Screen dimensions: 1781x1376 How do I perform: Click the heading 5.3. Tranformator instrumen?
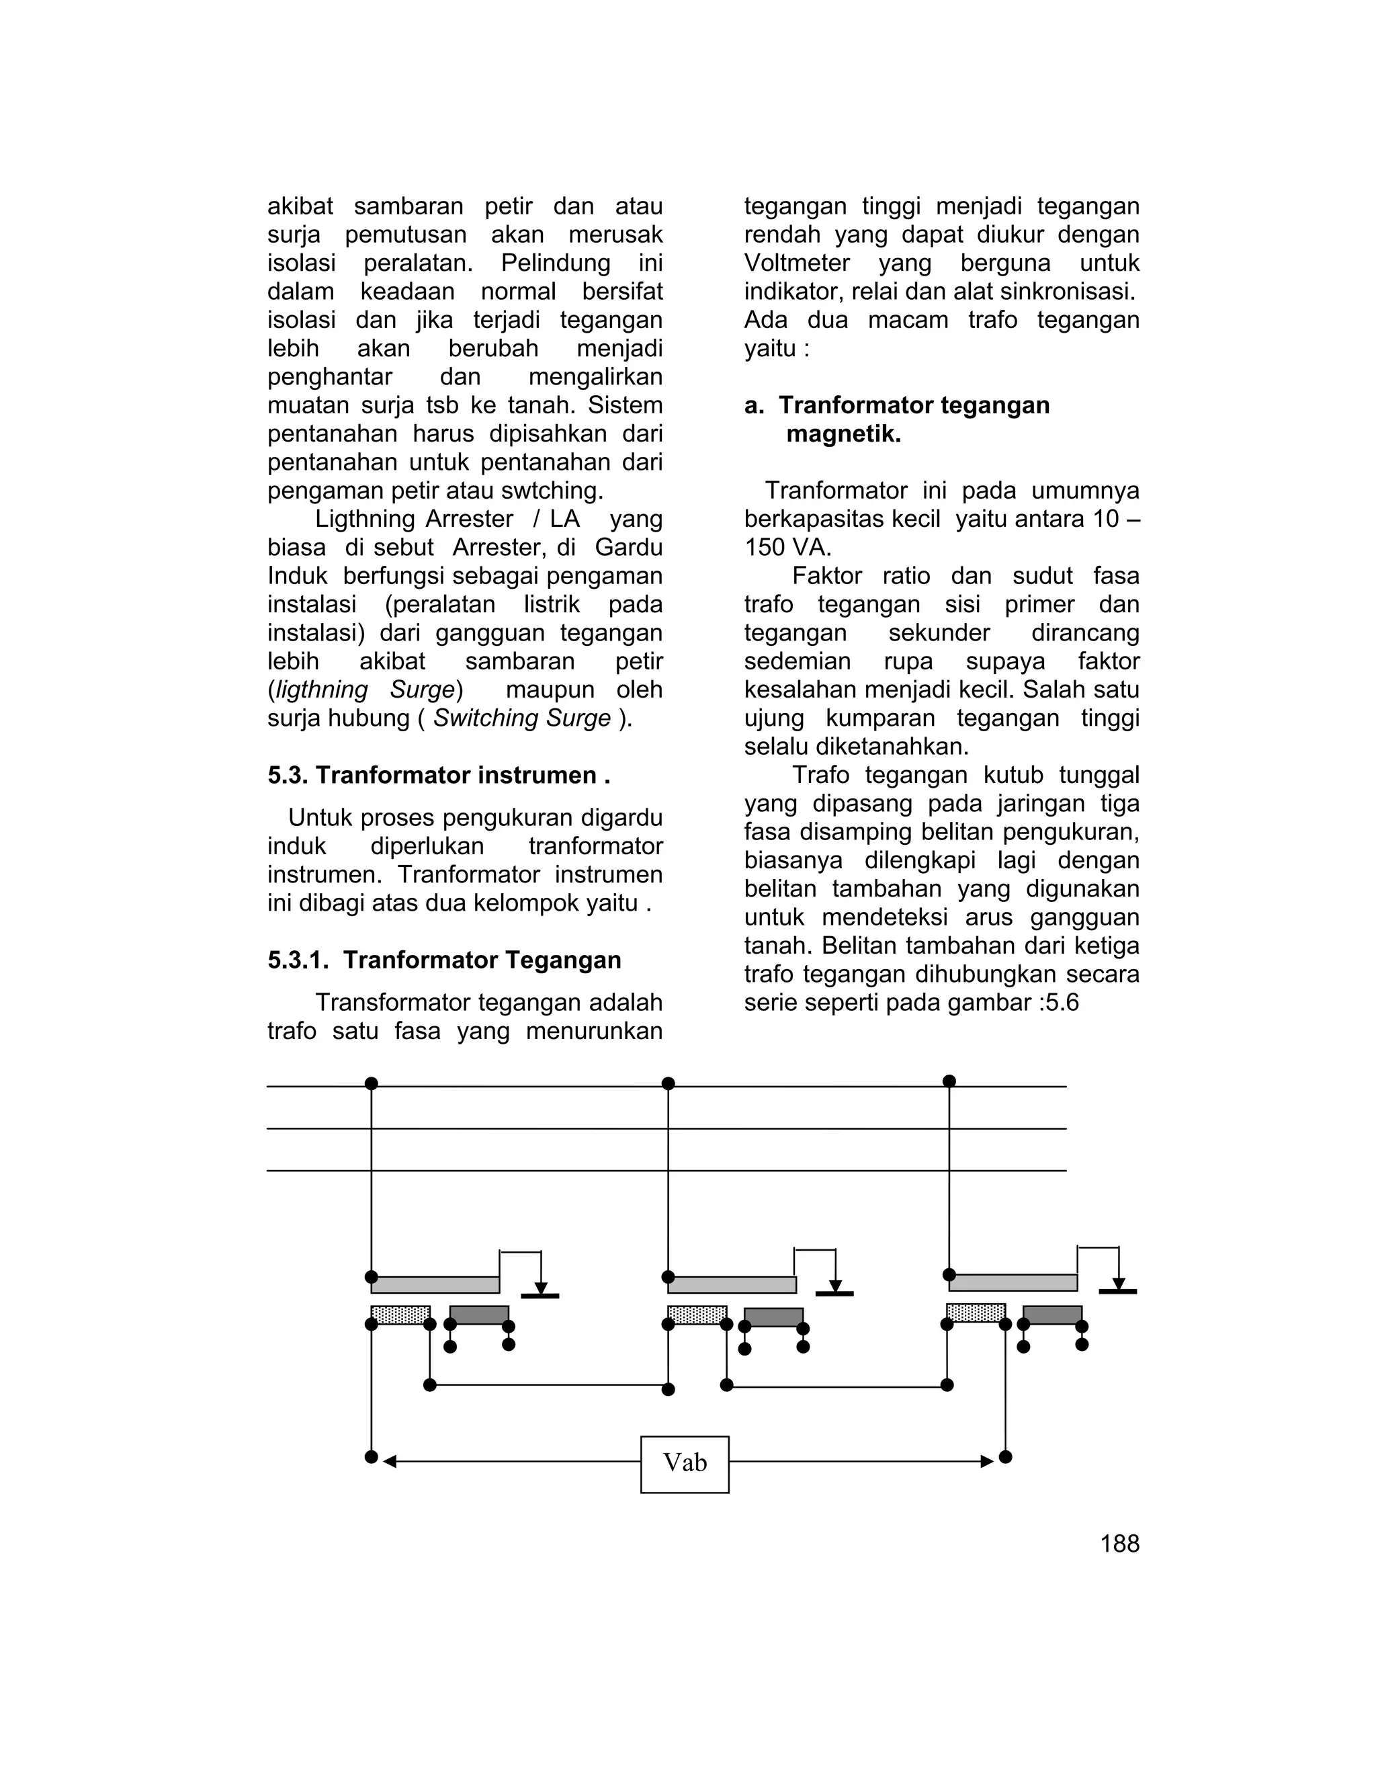coord(439,775)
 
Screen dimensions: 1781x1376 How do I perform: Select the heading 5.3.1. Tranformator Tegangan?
coord(444,960)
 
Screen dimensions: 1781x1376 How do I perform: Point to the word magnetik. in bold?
coord(843,434)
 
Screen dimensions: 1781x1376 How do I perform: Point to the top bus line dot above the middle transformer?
coord(669,1084)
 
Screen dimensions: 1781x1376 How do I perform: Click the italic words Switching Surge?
coord(521,718)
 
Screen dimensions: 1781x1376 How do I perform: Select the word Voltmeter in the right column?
coord(796,263)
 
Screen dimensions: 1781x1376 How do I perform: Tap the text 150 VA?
coord(787,547)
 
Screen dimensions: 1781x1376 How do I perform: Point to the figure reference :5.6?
coord(1056,1002)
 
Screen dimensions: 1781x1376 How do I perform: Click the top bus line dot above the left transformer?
coord(372,1084)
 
